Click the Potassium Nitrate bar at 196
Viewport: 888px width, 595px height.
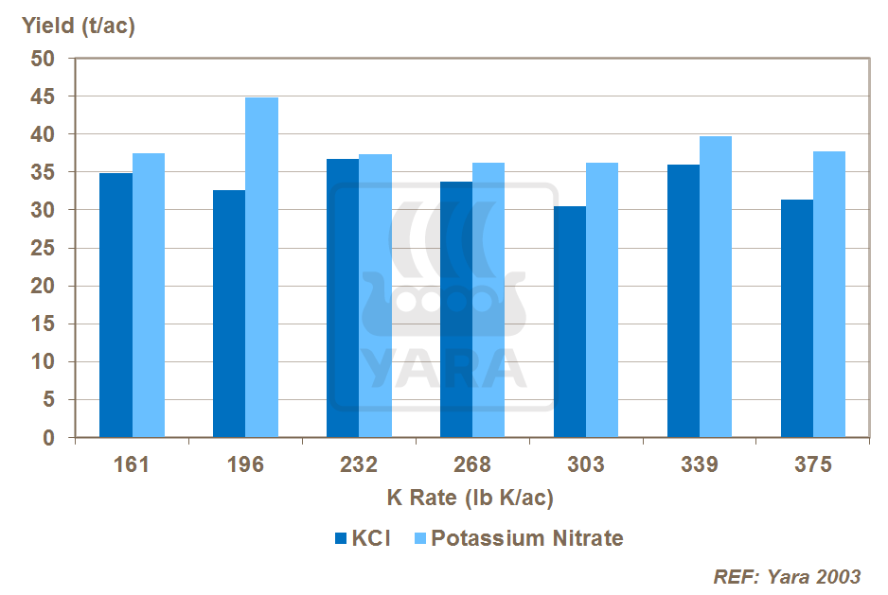coord(261,268)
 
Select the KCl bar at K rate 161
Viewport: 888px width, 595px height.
coord(116,305)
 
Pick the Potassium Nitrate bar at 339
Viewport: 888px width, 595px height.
coord(716,287)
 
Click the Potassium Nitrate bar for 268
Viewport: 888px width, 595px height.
coord(488,300)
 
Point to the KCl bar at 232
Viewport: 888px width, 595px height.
coord(343,298)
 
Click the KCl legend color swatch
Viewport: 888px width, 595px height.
coord(342,539)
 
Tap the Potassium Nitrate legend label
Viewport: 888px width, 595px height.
coord(527,539)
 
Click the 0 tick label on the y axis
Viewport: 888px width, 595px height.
coord(49,438)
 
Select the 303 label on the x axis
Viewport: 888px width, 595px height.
coord(586,464)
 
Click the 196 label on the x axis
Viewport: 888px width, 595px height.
coord(245,464)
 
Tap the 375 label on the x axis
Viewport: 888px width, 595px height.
coord(813,464)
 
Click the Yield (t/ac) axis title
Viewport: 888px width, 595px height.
coord(79,26)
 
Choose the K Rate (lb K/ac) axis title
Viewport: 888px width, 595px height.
coord(471,498)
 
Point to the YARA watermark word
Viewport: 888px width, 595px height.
coord(444,369)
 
